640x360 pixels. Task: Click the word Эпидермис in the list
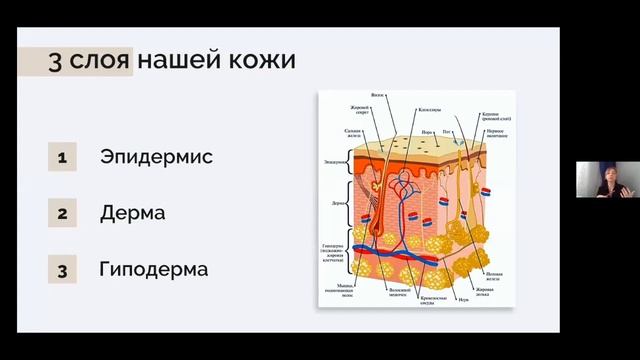tap(156, 157)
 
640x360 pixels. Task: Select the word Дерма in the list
tap(132, 213)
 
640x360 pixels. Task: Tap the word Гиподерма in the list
tap(154, 270)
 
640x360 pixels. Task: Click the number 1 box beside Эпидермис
tap(62, 157)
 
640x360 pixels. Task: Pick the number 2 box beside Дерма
tap(62, 214)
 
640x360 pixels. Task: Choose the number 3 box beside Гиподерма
tap(62, 271)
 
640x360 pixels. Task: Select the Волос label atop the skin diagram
tap(378, 97)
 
